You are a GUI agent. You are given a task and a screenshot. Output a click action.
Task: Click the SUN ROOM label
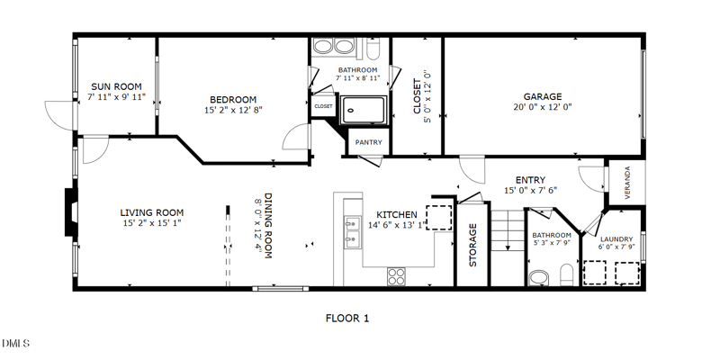[x=116, y=86]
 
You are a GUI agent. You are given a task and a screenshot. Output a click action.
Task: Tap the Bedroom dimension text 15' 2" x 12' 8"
[x=233, y=110]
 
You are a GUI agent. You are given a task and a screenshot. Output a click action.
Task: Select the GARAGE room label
[x=543, y=97]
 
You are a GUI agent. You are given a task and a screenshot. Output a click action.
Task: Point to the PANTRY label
[x=369, y=142]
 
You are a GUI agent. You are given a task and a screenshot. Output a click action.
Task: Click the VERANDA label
[x=627, y=183]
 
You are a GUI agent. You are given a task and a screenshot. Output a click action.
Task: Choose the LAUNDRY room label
[x=616, y=239]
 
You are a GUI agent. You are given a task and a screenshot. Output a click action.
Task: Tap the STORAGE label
[x=473, y=245]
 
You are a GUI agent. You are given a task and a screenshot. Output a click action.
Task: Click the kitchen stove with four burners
[x=396, y=276]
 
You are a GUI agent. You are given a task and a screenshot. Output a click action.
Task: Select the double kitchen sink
[x=352, y=232]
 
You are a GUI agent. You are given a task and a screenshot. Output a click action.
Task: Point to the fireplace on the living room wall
[x=71, y=212]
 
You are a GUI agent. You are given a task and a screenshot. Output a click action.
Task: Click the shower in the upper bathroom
[x=364, y=110]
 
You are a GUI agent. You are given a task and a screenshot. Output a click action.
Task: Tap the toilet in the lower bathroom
[x=567, y=274]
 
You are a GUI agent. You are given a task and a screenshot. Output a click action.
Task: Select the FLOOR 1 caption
[x=347, y=319]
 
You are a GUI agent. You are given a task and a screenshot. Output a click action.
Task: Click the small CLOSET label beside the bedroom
[x=323, y=106]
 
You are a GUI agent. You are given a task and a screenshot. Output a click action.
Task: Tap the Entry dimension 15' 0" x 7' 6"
[x=530, y=190]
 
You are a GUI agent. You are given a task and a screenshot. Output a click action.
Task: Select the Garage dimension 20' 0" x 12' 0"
[x=543, y=107]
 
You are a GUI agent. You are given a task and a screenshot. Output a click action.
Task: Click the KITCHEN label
[x=397, y=215]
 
